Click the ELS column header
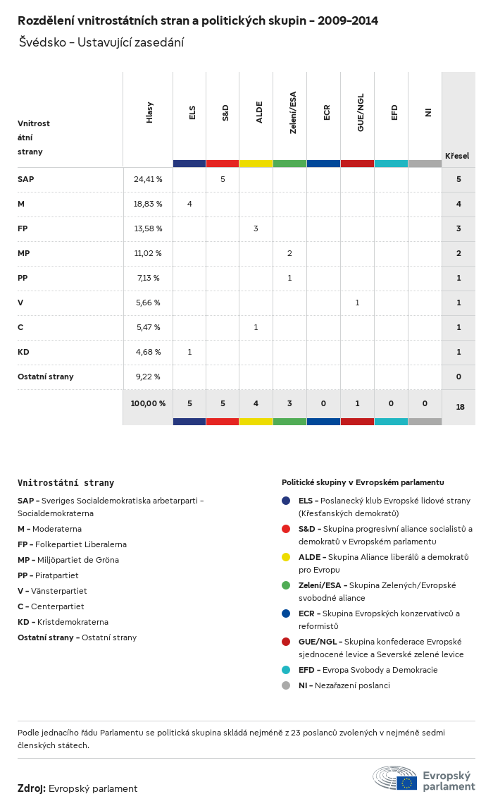coord(192,113)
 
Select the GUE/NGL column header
coord(361,117)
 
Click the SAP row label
coord(26,179)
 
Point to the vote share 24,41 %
coord(148,179)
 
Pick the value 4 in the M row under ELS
coord(189,204)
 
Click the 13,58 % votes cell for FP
coord(148,228)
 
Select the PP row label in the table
coord(23,278)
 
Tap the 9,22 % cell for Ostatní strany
coord(148,377)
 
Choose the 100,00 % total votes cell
coord(148,403)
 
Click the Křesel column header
coord(457,156)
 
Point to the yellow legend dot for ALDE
coord(286,557)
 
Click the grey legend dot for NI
coord(286,685)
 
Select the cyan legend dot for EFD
coord(286,670)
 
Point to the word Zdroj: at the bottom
coord(32,788)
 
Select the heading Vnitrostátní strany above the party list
coord(65,483)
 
